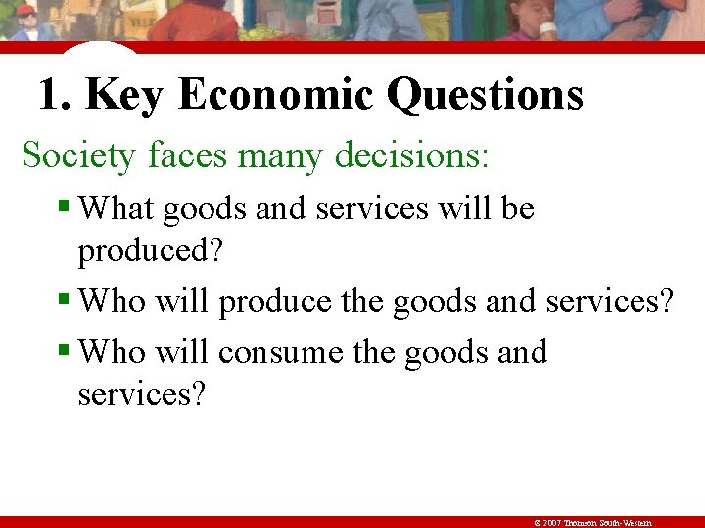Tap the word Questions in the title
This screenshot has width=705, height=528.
(485, 95)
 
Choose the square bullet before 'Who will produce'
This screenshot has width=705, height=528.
(65, 298)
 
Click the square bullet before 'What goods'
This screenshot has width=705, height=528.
(65, 206)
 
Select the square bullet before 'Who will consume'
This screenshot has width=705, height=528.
(65, 349)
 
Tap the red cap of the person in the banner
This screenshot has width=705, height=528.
(26, 11)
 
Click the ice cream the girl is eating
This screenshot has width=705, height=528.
(548, 30)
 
